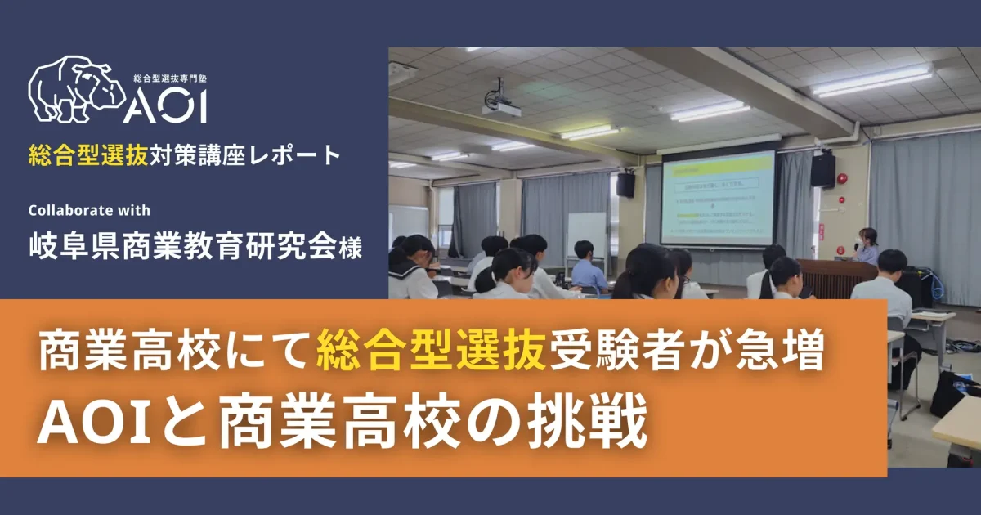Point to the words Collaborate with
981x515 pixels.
pos(89,210)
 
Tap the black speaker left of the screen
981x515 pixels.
pos(625,185)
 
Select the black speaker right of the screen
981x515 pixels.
pos(822,169)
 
